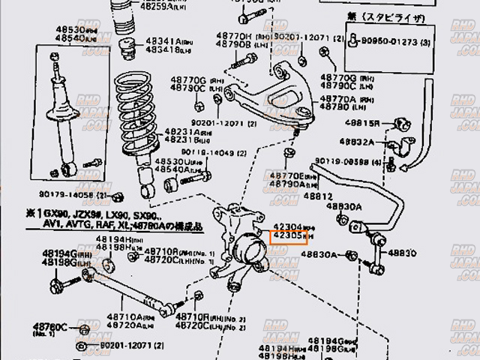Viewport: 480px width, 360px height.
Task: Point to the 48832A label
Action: coord(357,141)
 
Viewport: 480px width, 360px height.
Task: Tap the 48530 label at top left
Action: coord(70,30)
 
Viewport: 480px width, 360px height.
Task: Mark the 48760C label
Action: coord(52,327)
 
